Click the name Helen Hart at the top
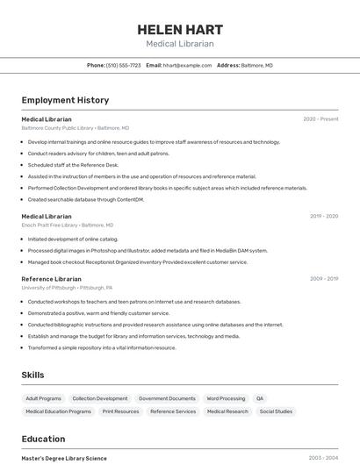click(x=179, y=29)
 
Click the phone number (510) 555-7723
click(x=124, y=65)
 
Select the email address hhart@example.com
click(x=187, y=65)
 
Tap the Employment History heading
click(x=65, y=100)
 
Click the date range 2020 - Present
click(x=320, y=118)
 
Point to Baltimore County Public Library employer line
click(x=75, y=128)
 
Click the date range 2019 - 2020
click(x=323, y=216)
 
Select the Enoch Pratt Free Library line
click(x=72, y=225)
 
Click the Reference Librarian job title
click(x=51, y=279)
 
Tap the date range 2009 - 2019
click(x=323, y=279)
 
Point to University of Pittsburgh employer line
click(x=67, y=288)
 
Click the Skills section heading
click(x=33, y=375)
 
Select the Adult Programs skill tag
click(x=44, y=398)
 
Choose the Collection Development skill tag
click(x=100, y=398)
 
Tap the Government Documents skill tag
click(x=167, y=398)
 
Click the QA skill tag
click(x=260, y=398)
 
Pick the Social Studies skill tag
click(x=276, y=411)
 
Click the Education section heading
click(x=43, y=439)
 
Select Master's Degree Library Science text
click(x=64, y=458)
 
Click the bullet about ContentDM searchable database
click(x=85, y=199)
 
